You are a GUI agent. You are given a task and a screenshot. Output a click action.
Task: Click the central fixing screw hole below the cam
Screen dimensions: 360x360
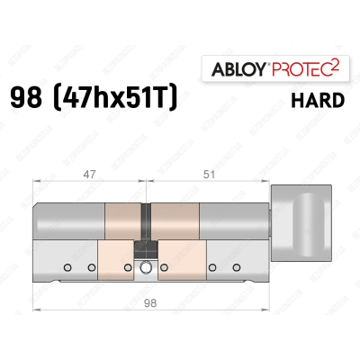tap(145, 266)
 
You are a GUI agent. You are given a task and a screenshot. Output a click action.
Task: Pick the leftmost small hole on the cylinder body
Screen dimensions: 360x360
tap(66, 267)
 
